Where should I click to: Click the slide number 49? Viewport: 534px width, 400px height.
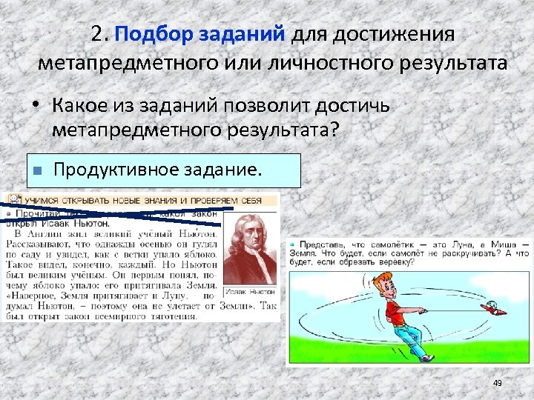(x=498, y=382)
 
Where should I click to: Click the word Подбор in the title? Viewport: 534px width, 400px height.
(x=153, y=34)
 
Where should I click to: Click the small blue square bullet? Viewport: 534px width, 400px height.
(x=36, y=171)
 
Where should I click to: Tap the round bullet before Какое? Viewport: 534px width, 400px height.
(x=35, y=107)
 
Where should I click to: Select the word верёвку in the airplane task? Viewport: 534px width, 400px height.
(x=386, y=263)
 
